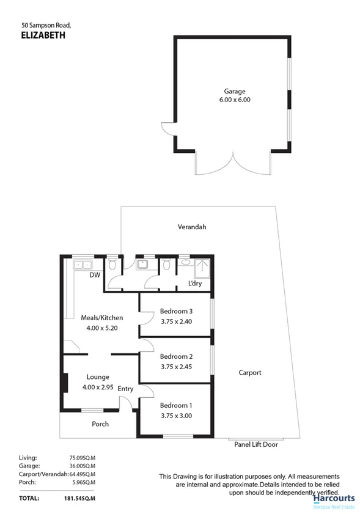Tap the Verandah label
tap(192, 227)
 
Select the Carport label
tap(250, 372)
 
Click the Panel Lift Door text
tap(256, 444)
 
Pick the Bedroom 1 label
tap(176, 405)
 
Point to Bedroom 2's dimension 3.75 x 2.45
tap(176, 367)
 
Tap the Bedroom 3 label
tap(176, 310)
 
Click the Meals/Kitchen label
tap(102, 317)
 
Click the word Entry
tap(125, 389)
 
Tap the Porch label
tap(100, 424)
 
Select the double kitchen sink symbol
tap(81, 265)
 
